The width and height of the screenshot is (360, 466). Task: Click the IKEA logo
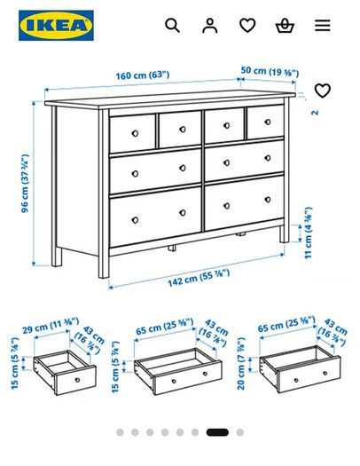(x=56, y=25)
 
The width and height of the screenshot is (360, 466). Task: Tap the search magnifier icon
(x=172, y=25)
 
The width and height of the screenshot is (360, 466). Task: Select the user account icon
(x=210, y=25)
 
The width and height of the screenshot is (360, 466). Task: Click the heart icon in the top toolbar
(x=247, y=25)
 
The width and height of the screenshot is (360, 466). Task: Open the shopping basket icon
(x=285, y=26)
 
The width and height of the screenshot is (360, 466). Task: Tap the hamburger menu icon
(x=323, y=25)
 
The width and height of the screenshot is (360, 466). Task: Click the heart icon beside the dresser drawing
(x=322, y=91)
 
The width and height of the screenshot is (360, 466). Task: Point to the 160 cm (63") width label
(x=143, y=75)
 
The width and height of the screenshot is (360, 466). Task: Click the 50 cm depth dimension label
(x=270, y=71)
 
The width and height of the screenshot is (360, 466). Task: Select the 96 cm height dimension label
(x=25, y=184)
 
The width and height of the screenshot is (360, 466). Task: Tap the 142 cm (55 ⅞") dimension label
(x=199, y=278)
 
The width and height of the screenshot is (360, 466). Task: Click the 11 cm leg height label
(x=309, y=233)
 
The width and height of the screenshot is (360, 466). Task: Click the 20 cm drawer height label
(x=241, y=363)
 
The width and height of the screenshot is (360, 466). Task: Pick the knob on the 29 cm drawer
(x=77, y=380)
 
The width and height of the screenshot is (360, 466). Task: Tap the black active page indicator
(x=217, y=432)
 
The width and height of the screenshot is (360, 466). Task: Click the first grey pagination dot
(x=120, y=432)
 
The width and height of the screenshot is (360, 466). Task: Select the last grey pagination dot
(x=239, y=432)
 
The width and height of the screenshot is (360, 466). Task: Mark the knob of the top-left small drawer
(x=135, y=133)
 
